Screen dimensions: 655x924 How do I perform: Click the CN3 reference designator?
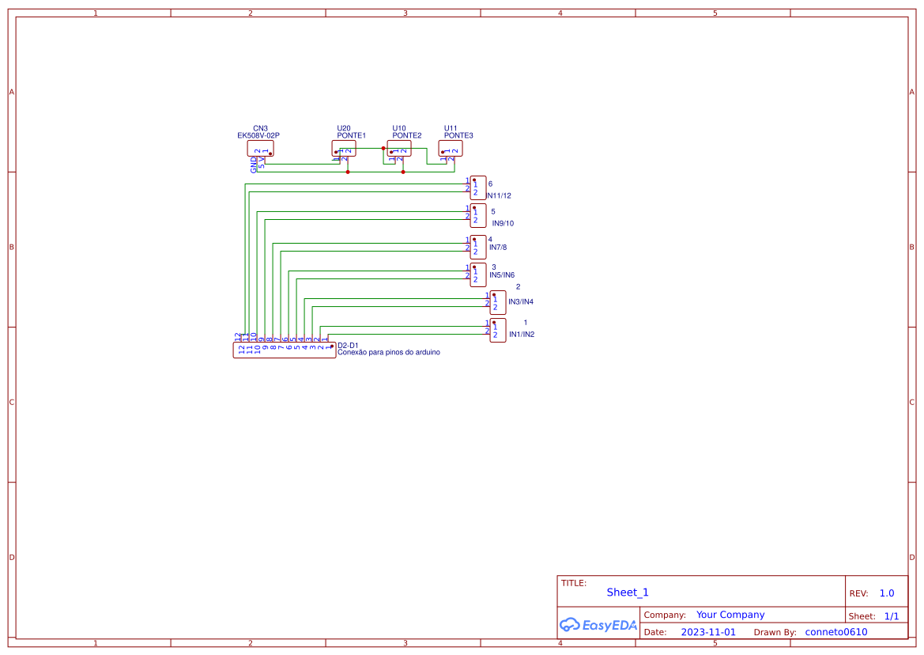pyautogui.click(x=260, y=128)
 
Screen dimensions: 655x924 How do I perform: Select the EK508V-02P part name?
pyautogui.click(x=258, y=135)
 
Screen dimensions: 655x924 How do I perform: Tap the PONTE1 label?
pyautogui.click(x=351, y=135)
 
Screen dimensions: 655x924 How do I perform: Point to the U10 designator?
pyautogui.click(x=399, y=128)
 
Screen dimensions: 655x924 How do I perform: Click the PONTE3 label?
pyautogui.click(x=458, y=135)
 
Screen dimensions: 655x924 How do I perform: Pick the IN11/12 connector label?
pyautogui.click(x=500, y=195)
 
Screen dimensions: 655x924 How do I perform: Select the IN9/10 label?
pyautogui.click(x=503, y=223)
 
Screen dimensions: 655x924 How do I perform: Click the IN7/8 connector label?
pyautogui.click(x=498, y=248)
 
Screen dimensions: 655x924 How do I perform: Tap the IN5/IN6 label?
pyautogui.click(x=502, y=275)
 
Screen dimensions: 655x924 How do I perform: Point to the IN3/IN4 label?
pyautogui.click(x=521, y=302)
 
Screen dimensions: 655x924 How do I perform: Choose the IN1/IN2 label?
pyautogui.click(x=522, y=335)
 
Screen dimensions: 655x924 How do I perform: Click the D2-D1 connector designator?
pyautogui.click(x=348, y=346)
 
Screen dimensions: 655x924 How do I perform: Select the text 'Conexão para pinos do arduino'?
pyautogui.click(x=389, y=353)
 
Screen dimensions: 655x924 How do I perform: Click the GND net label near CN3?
pyautogui.click(x=254, y=165)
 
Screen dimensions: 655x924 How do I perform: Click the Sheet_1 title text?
pyautogui.click(x=628, y=593)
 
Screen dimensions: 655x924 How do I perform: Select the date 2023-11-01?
pyautogui.click(x=708, y=633)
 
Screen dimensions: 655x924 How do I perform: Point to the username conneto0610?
pyautogui.click(x=836, y=633)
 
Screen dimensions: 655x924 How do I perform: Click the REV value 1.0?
pyautogui.click(x=887, y=593)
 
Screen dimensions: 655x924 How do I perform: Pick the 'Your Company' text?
pyautogui.click(x=730, y=615)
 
